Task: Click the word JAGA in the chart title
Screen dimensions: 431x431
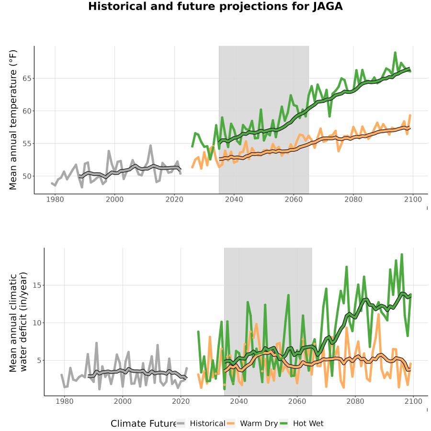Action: (x=328, y=6)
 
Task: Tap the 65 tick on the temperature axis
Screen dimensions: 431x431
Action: (x=27, y=79)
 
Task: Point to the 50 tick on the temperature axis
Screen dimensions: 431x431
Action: (x=27, y=176)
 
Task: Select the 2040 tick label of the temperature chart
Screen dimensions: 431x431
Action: (x=234, y=199)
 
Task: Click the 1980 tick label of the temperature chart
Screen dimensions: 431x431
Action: (x=55, y=199)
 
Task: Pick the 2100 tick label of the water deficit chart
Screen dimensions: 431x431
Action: (x=413, y=401)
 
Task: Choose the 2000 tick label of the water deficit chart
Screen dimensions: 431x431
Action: (x=123, y=401)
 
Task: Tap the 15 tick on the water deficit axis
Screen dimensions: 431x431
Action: (x=37, y=285)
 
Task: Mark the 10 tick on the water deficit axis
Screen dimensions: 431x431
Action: (x=37, y=323)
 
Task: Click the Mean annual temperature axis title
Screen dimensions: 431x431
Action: (x=13, y=120)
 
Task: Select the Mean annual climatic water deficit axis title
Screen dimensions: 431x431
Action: (x=18, y=322)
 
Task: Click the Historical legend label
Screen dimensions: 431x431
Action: (x=207, y=423)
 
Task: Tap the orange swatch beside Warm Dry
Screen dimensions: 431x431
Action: (x=231, y=423)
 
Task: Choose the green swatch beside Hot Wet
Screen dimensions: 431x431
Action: (x=284, y=423)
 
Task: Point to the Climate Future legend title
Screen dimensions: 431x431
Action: (x=143, y=424)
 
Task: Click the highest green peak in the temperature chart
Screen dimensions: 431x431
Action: (x=395, y=52)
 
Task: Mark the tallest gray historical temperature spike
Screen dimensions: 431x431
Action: (x=150, y=146)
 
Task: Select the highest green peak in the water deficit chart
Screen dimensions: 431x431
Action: (x=402, y=254)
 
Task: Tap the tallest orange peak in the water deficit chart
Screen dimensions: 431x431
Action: (x=378, y=314)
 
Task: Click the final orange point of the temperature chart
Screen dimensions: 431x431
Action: (x=410, y=115)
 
